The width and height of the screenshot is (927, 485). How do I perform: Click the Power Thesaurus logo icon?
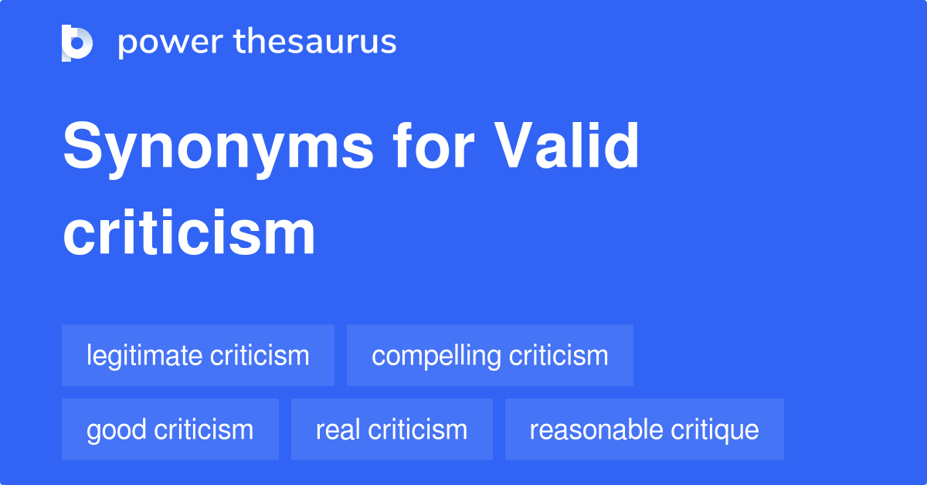77,42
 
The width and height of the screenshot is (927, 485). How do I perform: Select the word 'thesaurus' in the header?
315,42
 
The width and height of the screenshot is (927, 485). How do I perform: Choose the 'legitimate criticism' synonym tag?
198,355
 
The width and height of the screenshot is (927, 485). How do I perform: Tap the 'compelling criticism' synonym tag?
490,355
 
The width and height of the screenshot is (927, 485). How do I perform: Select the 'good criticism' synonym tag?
170,429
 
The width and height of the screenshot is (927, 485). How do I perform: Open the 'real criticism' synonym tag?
392,429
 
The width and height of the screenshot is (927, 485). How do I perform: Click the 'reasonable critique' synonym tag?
644,429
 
